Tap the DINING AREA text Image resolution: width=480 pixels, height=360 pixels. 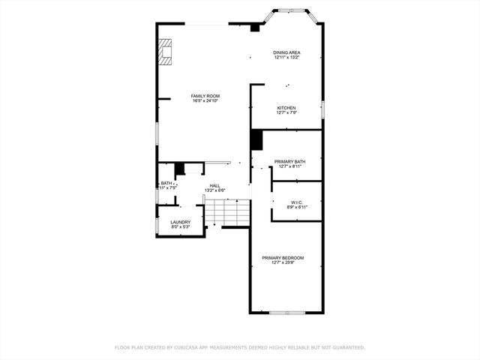click(x=286, y=52)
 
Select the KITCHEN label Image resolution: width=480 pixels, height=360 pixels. click(x=286, y=108)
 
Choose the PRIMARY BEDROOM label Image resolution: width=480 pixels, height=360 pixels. click(x=283, y=258)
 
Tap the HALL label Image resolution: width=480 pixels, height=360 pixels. click(x=214, y=185)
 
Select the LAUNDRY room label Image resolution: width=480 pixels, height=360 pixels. click(x=180, y=222)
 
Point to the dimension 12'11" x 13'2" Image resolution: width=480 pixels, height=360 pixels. click(x=286, y=58)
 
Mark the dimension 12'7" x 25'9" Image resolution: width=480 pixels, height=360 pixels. click(x=283, y=263)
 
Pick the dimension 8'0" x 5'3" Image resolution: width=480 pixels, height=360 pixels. click(x=180, y=226)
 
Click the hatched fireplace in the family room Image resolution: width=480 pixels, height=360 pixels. click(x=164, y=52)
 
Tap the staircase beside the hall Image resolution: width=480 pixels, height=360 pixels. click(x=226, y=213)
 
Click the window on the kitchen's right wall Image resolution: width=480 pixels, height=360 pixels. click(x=322, y=109)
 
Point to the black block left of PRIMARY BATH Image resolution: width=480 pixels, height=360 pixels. click(x=256, y=140)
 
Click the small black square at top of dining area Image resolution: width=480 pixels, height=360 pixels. click(x=255, y=28)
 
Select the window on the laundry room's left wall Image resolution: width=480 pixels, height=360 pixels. click(x=157, y=224)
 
